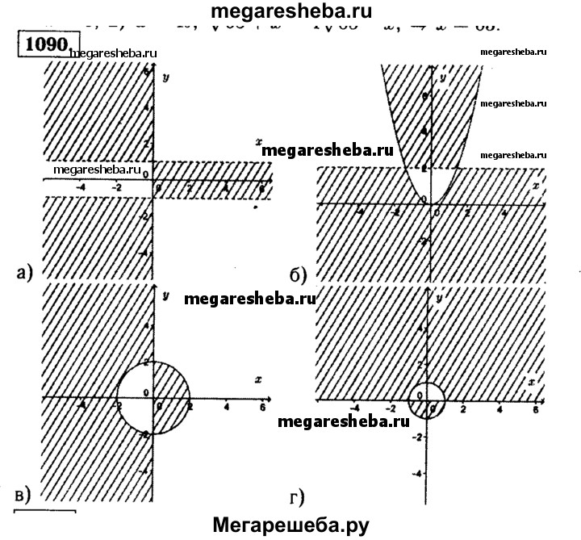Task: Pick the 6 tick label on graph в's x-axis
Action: [x=261, y=408]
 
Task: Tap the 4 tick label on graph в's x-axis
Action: [x=225, y=408]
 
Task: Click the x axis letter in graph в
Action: [x=257, y=379]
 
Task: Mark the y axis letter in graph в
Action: [x=165, y=297]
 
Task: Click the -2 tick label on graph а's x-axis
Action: [x=117, y=189]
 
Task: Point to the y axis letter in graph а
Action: [x=165, y=77]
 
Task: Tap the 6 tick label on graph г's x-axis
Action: [x=536, y=411]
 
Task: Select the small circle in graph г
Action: [x=428, y=399]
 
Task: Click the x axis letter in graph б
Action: [x=536, y=186]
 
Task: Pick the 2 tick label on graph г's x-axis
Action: [x=463, y=411]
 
